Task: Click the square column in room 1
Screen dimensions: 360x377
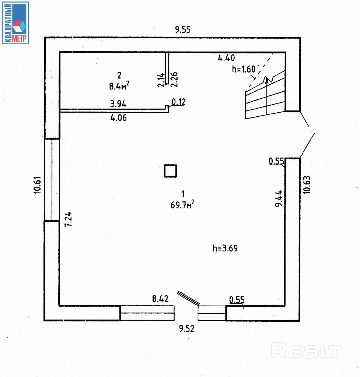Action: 171,171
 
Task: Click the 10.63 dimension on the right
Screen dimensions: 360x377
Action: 308,185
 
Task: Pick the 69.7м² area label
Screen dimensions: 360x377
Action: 182,205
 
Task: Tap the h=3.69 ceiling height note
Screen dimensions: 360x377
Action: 225,248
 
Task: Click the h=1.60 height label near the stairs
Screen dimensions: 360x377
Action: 244,69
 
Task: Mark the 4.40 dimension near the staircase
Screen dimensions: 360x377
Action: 226,57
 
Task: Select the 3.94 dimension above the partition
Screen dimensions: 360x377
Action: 119,104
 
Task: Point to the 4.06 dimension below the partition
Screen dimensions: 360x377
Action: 119,118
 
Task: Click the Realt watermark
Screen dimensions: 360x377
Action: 306,350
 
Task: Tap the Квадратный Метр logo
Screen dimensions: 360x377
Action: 15,22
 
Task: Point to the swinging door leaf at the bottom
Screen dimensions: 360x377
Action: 188,298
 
